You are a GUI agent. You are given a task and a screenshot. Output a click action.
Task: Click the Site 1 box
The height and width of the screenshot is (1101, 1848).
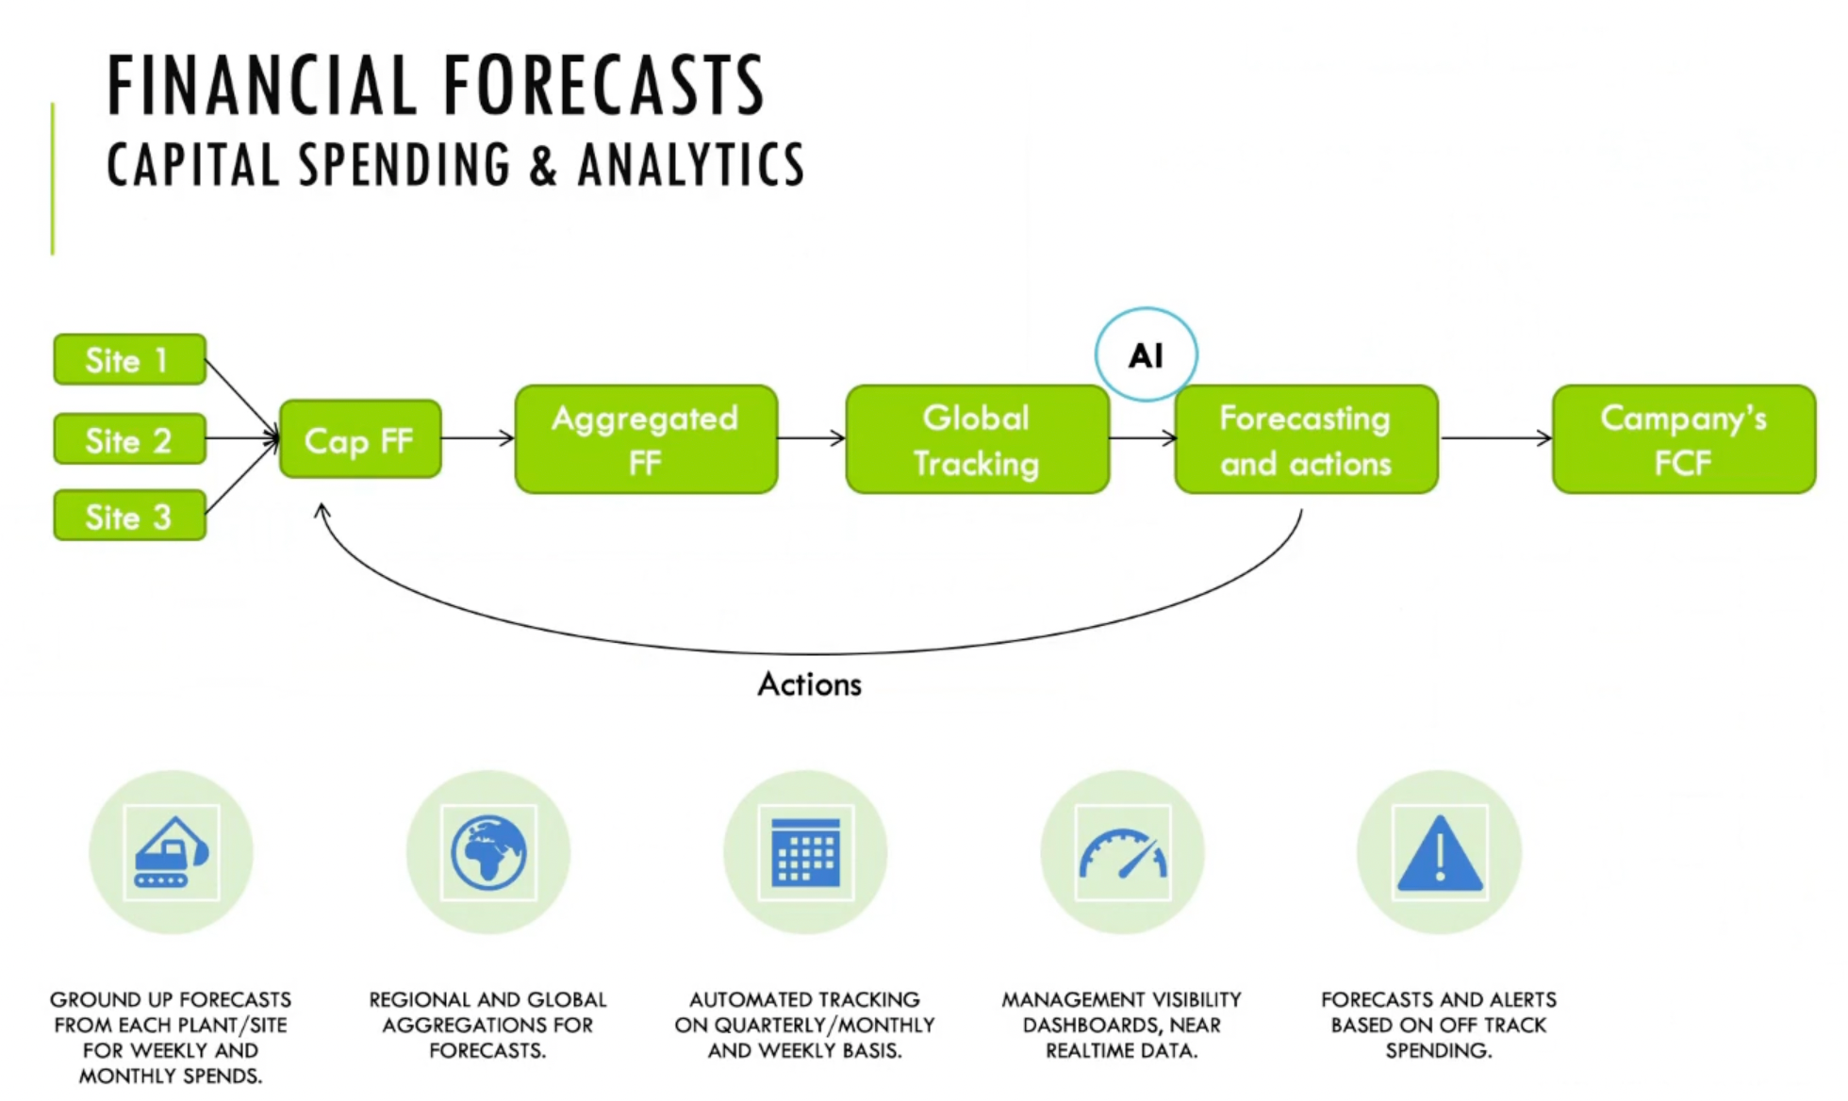(x=129, y=360)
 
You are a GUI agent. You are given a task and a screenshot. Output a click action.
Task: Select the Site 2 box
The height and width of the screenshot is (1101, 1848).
(x=129, y=439)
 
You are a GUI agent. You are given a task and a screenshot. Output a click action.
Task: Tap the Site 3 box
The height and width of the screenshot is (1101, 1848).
(x=129, y=516)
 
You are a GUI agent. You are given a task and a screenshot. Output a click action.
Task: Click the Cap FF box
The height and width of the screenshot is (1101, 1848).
(x=360, y=439)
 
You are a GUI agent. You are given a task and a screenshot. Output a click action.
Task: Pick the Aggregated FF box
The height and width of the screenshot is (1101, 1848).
(x=646, y=439)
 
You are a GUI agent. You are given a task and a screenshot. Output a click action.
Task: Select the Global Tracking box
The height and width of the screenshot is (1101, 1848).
(x=977, y=439)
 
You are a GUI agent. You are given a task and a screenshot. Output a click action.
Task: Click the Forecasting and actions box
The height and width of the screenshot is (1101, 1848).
(x=1306, y=439)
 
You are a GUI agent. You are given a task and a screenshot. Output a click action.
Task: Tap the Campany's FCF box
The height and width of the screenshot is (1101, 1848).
(x=1684, y=439)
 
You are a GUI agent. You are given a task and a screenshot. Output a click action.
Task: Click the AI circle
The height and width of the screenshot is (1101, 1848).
(x=1146, y=355)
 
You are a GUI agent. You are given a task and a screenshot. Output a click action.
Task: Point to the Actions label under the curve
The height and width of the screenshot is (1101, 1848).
(x=809, y=684)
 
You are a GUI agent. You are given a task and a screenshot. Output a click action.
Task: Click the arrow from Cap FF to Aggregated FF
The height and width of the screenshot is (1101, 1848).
(x=478, y=437)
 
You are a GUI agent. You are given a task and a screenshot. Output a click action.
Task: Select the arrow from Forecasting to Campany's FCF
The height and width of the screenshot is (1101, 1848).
(x=1495, y=437)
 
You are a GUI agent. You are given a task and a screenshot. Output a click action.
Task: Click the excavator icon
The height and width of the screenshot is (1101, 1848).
(x=171, y=852)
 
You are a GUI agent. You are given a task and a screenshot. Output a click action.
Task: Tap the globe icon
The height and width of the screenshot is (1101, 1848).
(x=487, y=852)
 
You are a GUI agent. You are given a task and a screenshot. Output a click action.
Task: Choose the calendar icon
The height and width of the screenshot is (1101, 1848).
(x=805, y=852)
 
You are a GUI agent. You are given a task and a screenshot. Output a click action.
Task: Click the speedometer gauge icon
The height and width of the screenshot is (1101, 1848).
(x=1122, y=852)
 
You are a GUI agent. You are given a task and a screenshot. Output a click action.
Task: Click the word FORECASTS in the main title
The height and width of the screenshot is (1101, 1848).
(x=603, y=87)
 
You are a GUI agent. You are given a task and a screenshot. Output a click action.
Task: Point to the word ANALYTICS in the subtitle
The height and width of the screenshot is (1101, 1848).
(x=690, y=165)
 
